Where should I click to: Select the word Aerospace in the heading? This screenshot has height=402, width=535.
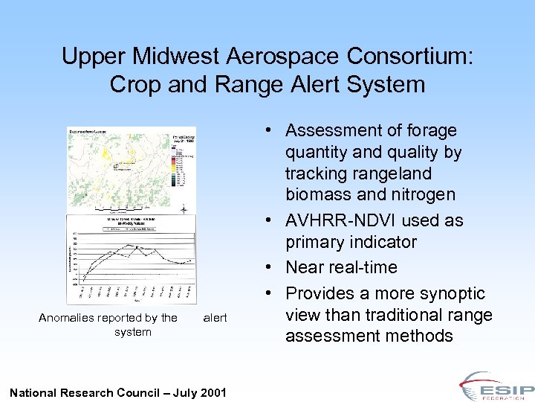pos(282,56)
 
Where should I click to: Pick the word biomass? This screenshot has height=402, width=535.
pos(319,195)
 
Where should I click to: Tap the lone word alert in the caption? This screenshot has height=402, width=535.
pos(215,318)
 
